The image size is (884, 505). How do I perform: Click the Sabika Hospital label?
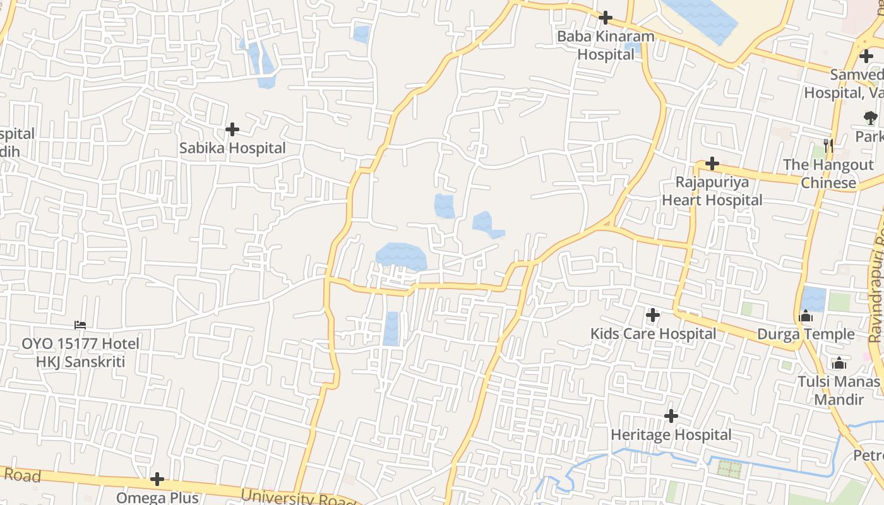pos(232,148)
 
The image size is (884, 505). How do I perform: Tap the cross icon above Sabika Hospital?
pos(232,129)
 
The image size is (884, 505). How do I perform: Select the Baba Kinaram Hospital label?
pos(606,45)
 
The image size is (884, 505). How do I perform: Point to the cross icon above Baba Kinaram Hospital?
pos(606,18)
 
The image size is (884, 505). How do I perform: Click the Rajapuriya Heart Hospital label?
pos(712,191)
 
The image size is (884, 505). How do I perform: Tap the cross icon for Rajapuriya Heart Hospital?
pos(712,164)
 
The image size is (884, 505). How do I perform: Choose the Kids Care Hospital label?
pos(653,334)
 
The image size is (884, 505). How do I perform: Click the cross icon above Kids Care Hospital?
pos(653,314)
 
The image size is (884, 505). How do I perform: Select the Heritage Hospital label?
pos(671,435)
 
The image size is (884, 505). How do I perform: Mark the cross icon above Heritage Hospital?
pos(671,416)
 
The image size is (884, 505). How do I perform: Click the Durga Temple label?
pos(806,334)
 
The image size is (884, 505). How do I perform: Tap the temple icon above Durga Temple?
pos(806,316)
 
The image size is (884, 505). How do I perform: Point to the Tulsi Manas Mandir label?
pos(839,391)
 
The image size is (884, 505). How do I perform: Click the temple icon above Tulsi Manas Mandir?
pos(839,363)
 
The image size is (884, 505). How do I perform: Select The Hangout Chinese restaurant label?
pos(828,174)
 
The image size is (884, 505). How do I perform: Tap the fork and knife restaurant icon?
pos(828,146)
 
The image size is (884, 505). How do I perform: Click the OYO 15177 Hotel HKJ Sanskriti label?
pos(80,353)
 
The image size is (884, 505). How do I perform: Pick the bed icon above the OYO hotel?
pos(80,325)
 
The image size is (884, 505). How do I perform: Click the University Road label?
pos(299,498)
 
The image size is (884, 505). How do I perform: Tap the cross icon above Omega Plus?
pos(157,480)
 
